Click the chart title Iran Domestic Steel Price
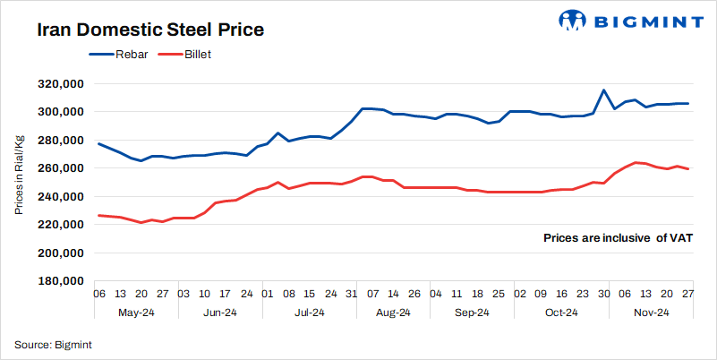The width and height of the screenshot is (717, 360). tap(150, 30)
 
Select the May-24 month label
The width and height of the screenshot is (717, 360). tap(136, 313)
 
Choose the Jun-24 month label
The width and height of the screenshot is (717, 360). tap(219, 313)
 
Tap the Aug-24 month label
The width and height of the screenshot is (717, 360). tap(393, 313)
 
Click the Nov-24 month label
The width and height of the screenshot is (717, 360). tap(652, 313)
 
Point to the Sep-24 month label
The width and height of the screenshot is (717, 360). tap(472, 313)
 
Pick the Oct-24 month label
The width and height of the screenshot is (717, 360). tap(560, 313)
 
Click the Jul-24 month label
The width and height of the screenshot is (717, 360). tap(309, 313)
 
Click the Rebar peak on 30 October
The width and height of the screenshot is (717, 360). tap(603, 90)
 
